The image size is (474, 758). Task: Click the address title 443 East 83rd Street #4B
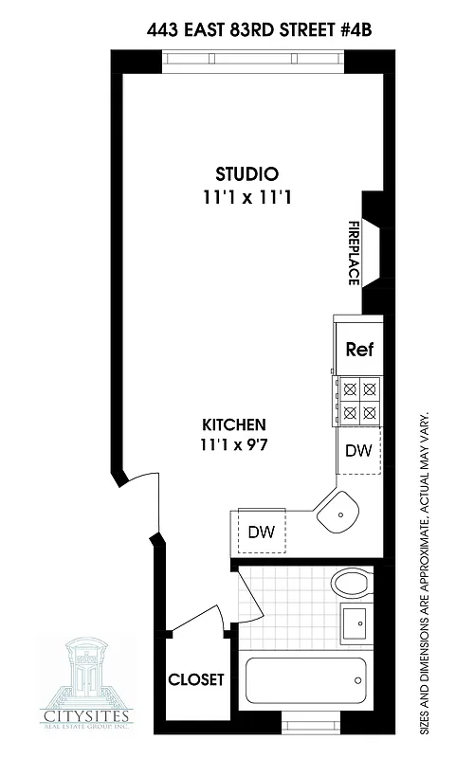tap(260, 29)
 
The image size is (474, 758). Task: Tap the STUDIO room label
tap(246, 174)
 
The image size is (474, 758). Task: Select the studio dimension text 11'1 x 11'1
tap(246, 199)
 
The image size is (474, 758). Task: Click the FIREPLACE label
tap(353, 254)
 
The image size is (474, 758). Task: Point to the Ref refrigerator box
tap(357, 349)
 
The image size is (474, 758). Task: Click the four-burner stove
tap(359, 399)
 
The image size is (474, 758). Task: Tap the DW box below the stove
tap(357, 451)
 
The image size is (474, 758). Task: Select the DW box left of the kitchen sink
tap(261, 532)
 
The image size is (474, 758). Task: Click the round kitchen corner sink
tap(338, 516)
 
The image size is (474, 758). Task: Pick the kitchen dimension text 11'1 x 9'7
tap(233, 442)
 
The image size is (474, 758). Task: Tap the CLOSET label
tap(196, 679)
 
